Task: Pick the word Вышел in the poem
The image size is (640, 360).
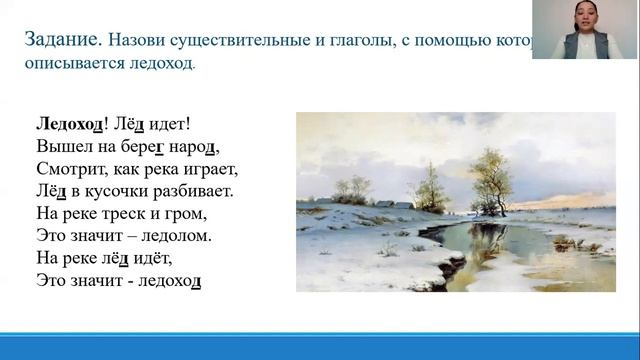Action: click(57, 149)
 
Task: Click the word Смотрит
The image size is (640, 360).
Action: click(66, 171)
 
